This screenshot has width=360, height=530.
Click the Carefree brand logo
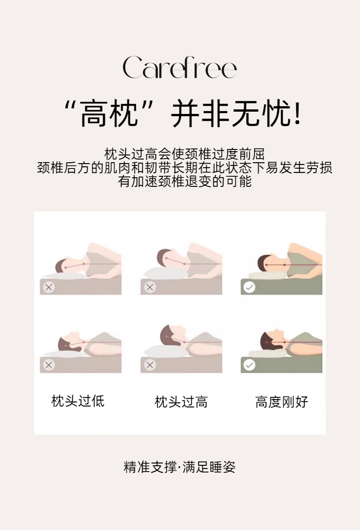[180, 67]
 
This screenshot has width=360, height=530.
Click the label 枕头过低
[78, 401]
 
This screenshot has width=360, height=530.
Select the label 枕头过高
[181, 402]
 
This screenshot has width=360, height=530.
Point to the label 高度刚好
[282, 402]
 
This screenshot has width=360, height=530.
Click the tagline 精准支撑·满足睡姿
[180, 467]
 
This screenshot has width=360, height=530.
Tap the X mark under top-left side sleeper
[49, 287]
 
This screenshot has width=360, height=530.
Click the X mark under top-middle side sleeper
[150, 287]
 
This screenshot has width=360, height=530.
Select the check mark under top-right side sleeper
[249, 287]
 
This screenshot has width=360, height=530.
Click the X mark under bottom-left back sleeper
[49, 365]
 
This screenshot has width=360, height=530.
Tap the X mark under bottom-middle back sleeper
[150, 365]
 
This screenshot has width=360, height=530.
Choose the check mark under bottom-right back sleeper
[249, 365]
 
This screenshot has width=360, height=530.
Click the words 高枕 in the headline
[109, 113]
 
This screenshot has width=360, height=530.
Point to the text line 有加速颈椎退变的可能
[185, 181]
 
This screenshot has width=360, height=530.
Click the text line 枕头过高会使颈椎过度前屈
[185, 154]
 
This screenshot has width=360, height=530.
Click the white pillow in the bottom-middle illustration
[165, 351]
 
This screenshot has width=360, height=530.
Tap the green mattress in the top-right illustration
[281, 286]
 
